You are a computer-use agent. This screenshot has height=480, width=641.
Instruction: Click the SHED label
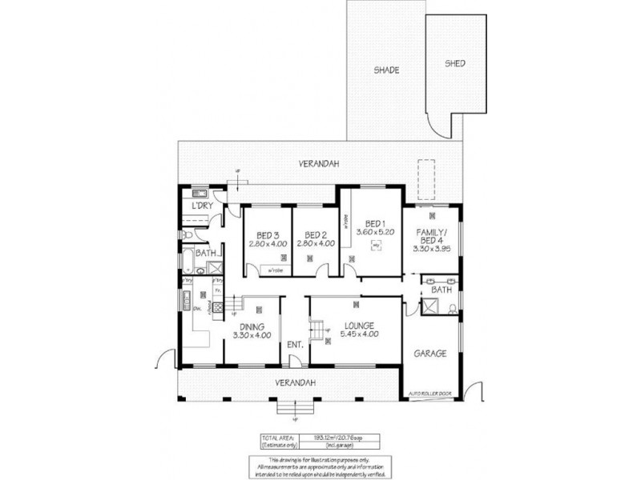455,63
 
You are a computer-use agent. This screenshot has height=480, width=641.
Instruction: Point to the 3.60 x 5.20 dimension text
375,232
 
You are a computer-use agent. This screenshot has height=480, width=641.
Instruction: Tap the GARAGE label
429,353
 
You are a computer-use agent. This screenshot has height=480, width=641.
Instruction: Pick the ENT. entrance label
294,345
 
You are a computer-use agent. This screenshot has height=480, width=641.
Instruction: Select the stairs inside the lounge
318,327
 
